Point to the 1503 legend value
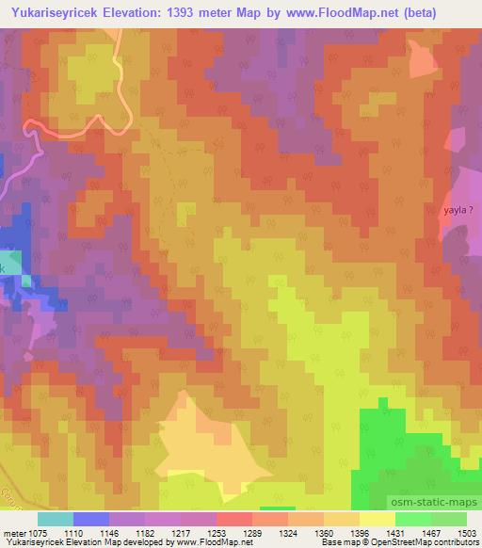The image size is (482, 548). [468, 533]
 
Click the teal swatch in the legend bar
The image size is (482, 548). [56, 519]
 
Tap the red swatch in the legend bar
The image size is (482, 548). [234, 519]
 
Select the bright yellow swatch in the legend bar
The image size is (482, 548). [378, 519]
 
